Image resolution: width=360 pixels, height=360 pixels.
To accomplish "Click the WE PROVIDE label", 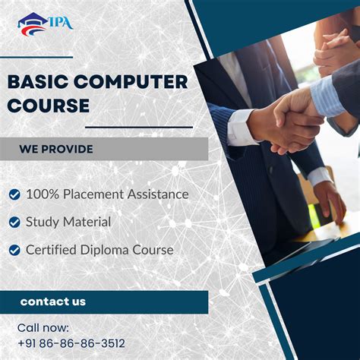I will point(56,150).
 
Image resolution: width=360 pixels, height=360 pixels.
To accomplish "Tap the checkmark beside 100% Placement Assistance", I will point(14,194).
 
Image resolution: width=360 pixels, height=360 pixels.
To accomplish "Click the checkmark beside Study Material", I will point(14,223).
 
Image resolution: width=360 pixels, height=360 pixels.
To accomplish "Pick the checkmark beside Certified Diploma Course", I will point(14,250).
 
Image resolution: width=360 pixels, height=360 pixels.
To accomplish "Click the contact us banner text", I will point(53,302).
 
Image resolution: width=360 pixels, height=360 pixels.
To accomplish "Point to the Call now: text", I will point(43,328).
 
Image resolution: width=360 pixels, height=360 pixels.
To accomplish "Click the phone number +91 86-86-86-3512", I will point(71,344).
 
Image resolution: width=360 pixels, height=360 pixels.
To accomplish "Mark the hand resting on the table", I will point(330,200).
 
